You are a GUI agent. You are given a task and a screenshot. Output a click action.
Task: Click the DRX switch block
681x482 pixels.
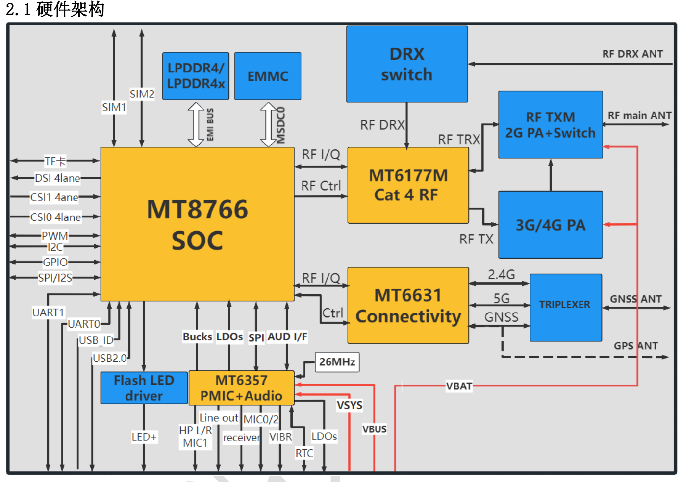[407, 64]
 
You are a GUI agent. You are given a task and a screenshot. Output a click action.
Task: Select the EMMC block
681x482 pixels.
[268, 76]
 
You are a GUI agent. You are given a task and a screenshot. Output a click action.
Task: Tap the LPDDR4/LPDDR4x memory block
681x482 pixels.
[196, 76]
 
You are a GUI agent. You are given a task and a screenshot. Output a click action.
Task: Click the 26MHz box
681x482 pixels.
[337, 362]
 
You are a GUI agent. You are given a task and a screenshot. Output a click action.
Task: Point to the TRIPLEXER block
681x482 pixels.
[566, 308]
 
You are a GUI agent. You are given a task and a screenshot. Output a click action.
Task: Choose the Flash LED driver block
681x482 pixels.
[144, 388]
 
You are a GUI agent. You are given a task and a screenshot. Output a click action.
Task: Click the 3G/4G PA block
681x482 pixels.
[551, 225]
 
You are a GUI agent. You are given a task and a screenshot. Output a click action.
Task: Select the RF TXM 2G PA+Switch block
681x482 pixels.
[551, 124]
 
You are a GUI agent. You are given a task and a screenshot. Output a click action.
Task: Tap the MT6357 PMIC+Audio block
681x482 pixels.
[241, 388]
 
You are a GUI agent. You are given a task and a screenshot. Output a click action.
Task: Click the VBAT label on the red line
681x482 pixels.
[459, 386]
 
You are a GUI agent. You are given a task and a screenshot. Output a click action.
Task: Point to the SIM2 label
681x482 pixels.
[142, 94]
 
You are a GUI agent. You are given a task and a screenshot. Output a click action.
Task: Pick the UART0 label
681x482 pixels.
[84, 324]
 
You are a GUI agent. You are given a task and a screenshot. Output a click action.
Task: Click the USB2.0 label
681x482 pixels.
[109, 359]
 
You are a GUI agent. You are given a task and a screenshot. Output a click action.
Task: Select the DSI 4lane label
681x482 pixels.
[57, 178]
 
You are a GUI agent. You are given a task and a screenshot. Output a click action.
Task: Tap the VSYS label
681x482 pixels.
[350, 405]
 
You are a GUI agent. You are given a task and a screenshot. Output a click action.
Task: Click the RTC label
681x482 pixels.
[304, 453]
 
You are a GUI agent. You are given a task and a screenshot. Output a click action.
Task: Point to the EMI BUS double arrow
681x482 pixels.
[196, 124]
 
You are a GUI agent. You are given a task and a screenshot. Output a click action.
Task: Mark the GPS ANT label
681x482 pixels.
[636, 346]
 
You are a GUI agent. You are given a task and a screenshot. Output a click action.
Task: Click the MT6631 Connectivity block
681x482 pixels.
[408, 306]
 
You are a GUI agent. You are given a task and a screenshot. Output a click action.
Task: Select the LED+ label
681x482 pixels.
[144, 437]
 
